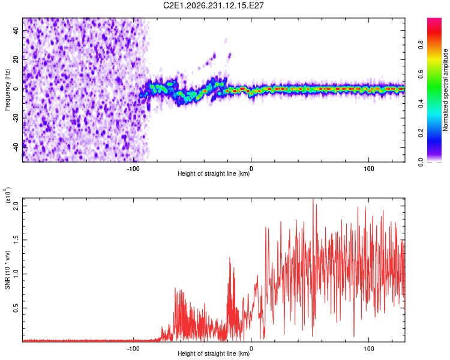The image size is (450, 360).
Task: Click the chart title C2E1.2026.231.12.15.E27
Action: point(213,5)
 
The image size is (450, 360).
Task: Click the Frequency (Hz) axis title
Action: point(7,90)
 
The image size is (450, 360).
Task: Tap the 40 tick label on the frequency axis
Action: point(16,30)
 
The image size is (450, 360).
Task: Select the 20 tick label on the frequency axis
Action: point(16,59)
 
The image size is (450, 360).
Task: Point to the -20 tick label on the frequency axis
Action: point(16,117)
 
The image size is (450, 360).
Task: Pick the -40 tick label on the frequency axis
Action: point(16,146)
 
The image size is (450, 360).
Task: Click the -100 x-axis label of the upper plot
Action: point(133,169)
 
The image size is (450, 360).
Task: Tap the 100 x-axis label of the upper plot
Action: point(369,169)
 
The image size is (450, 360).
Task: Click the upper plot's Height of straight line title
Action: point(214,173)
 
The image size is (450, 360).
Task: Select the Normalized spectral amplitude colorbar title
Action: point(445,90)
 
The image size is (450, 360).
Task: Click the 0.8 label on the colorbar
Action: point(421,45)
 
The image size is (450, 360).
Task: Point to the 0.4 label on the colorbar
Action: point(421,104)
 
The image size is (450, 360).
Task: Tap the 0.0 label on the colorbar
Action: point(421,163)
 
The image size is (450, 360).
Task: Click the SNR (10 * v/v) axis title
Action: point(7,270)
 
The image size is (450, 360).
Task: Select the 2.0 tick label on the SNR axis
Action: point(16,206)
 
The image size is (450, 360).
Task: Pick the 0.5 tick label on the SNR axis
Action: point(16,308)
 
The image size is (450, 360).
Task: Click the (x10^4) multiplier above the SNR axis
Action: point(7,195)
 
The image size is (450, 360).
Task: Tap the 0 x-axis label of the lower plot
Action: point(251,349)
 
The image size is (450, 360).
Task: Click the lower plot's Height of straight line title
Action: point(214,353)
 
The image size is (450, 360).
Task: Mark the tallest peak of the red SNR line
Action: point(313,199)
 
